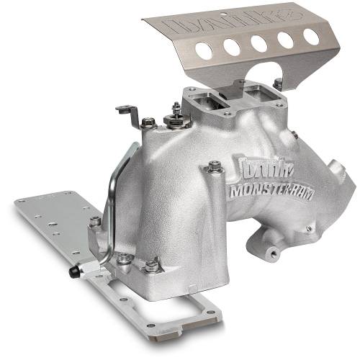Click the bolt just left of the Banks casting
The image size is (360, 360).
[214, 168]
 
